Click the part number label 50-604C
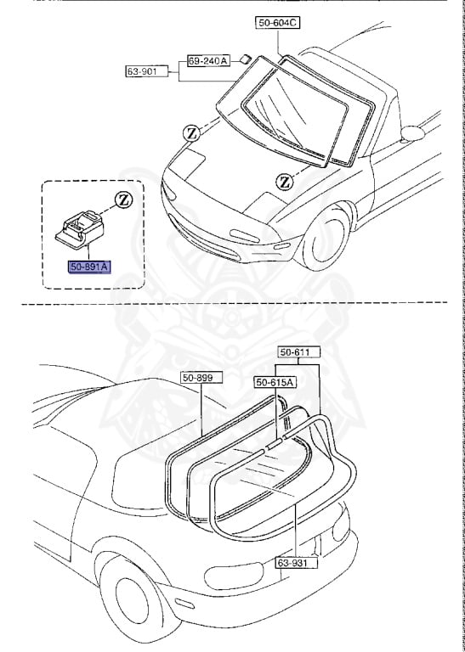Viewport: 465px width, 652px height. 277,23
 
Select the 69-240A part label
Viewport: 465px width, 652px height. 208,60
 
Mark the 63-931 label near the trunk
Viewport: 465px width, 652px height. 295,562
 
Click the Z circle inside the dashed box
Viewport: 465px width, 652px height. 124,200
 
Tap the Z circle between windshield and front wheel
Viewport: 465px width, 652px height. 284,180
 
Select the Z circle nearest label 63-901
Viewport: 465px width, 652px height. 191,133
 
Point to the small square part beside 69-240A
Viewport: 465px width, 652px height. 245,59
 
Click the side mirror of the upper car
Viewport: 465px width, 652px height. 414,132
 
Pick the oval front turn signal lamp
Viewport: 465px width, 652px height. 246,234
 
